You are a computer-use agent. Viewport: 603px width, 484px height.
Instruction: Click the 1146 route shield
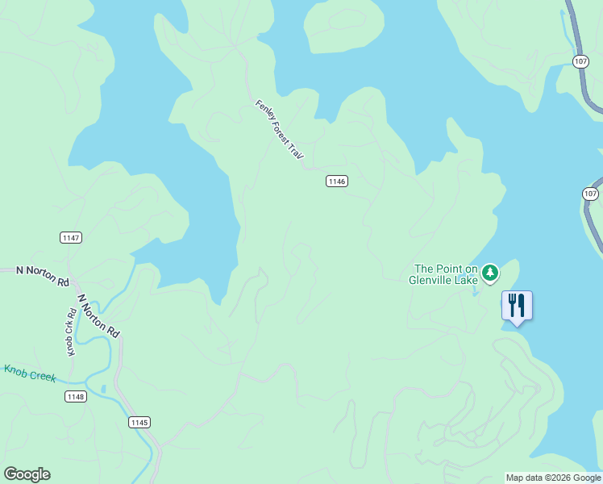click(337, 181)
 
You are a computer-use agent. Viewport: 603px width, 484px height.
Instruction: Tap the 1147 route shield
click(71, 237)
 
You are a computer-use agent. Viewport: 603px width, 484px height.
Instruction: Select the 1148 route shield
click(76, 396)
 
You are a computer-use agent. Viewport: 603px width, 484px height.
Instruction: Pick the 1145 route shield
click(139, 422)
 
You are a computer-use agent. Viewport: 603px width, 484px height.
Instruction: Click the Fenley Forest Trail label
click(280, 132)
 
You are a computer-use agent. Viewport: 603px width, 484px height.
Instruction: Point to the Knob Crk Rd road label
click(70, 331)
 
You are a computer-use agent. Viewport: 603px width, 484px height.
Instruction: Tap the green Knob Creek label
click(31, 373)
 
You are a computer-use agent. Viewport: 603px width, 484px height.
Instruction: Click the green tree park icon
click(490, 274)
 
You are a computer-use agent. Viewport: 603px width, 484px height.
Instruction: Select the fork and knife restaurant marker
click(517, 306)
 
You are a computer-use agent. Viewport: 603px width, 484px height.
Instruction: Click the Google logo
click(27, 474)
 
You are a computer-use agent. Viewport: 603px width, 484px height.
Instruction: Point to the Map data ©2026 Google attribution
click(553, 478)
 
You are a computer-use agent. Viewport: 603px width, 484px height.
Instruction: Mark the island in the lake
click(344, 27)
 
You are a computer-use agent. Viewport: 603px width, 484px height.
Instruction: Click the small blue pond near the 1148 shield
click(103, 390)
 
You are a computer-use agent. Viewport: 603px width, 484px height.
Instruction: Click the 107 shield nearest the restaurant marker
click(591, 194)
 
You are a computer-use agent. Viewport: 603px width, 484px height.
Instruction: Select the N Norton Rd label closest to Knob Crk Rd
click(98, 315)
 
